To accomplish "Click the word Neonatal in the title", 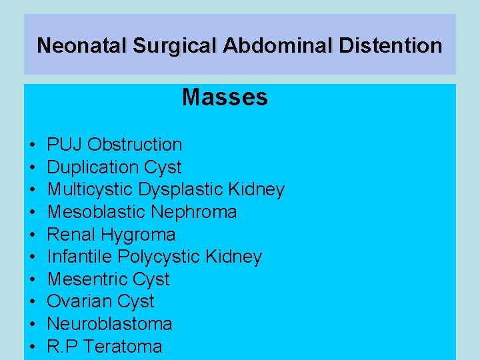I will tap(83, 46).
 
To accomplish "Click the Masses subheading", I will tap(225, 98).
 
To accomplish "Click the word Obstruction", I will tap(135, 145).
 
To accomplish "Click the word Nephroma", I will tap(194, 212).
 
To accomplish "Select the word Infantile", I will tap(77, 257).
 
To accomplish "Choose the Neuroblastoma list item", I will tap(109, 324).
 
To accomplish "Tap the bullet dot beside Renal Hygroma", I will tap(33, 235).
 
